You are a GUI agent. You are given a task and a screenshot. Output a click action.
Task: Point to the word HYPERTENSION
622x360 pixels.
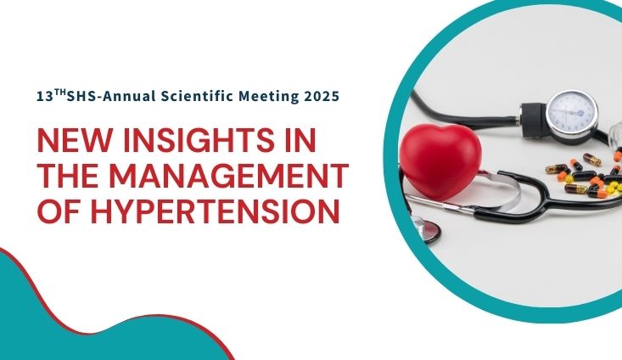tap(216, 211)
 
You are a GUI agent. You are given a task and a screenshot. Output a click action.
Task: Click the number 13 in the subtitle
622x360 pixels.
tap(45, 97)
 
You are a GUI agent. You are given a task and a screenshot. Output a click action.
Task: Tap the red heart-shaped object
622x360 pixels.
tap(440, 160)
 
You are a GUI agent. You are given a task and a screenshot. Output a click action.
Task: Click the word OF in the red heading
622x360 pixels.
tap(59, 211)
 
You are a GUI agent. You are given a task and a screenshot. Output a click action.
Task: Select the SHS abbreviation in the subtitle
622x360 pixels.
tap(81, 97)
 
